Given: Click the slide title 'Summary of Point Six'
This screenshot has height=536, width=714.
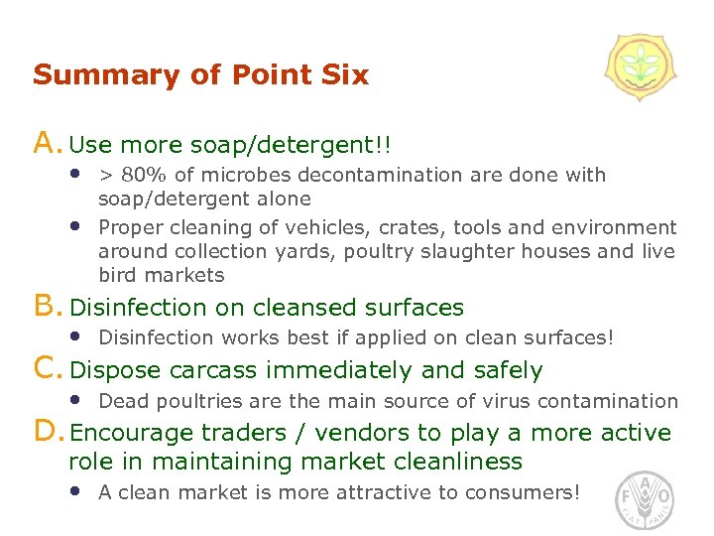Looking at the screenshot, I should (x=200, y=75).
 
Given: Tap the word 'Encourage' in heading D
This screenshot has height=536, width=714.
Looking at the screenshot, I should (x=132, y=433).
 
